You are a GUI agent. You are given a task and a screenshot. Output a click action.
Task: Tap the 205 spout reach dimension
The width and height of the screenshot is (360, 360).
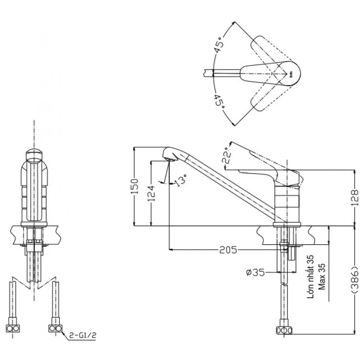point(227,250)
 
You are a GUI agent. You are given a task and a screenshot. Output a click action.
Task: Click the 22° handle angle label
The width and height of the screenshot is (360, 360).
point(227,156)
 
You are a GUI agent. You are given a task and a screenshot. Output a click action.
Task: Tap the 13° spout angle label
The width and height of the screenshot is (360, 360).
point(180,181)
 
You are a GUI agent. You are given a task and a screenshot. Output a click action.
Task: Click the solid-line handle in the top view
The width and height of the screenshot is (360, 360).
point(270,73)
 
